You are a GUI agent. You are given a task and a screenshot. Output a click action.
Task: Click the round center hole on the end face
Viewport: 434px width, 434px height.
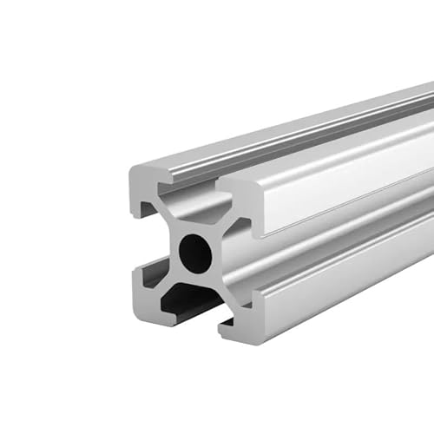click(x=194, y=253)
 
